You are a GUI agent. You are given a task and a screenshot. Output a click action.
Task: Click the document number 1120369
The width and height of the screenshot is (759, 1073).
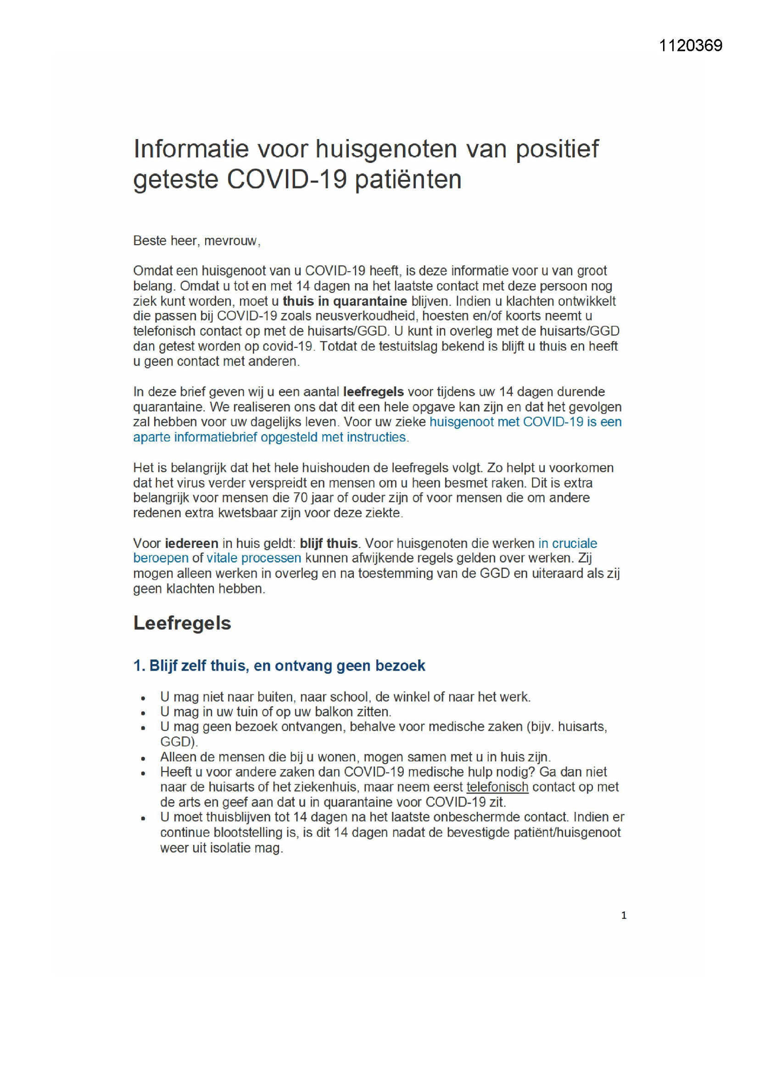(x=690, y=46)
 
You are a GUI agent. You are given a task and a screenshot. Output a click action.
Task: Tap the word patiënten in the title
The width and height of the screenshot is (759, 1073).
(x=408, y=179)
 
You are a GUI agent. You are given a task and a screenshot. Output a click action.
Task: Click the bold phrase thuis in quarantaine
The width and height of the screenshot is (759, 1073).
(x=345, y=301)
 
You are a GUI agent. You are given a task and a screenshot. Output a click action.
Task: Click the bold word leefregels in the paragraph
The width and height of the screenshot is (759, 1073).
(x=374, y=391)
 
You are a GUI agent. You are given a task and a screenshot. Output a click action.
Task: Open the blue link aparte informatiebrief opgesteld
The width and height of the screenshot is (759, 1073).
(x=243, y=437)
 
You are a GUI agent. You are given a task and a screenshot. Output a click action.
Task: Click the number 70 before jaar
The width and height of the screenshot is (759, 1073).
(x=301, y=497)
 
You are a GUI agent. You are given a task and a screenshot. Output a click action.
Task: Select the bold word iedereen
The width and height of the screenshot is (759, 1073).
(x=192, y=543)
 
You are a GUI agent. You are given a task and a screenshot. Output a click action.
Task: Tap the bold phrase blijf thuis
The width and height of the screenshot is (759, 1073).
(x=329, y=543)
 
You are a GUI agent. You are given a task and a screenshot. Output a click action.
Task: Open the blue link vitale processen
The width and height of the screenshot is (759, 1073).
(x=254, y=558)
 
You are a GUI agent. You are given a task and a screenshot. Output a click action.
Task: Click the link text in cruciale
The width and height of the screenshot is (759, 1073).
(x=568, y=543)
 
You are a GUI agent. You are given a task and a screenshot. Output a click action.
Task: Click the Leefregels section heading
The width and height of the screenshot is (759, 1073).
(x=182, y=623)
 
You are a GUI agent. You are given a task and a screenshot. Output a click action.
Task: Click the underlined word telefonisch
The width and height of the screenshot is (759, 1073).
(x=497, y=787)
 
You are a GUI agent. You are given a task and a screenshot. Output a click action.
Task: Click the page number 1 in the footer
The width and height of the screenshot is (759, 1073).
(x=624, y=915)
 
